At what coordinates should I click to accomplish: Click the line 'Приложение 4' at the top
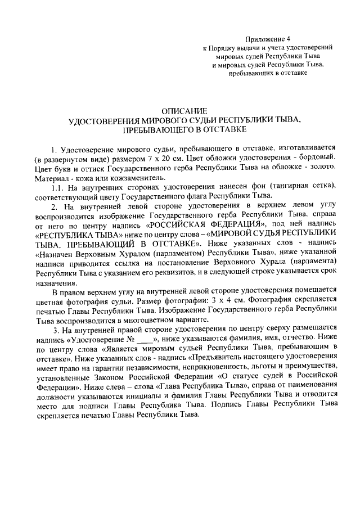tap(268, 39)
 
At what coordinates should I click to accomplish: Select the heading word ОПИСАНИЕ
tap(184, 111)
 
